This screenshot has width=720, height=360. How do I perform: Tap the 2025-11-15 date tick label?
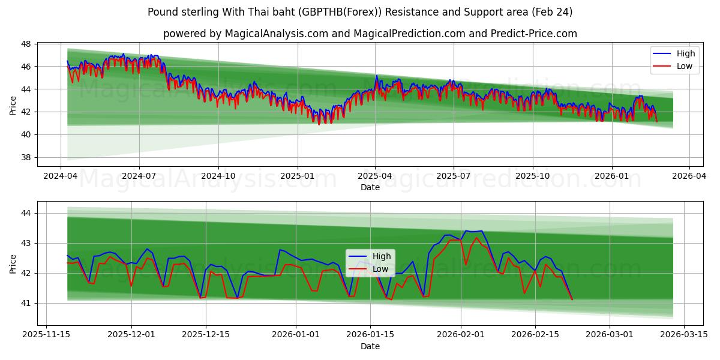(47, 335)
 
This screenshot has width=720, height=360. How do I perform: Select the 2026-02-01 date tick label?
(461, 335)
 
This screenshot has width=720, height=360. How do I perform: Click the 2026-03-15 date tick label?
(683, 335)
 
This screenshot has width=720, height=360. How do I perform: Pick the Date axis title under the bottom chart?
(370, 346)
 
